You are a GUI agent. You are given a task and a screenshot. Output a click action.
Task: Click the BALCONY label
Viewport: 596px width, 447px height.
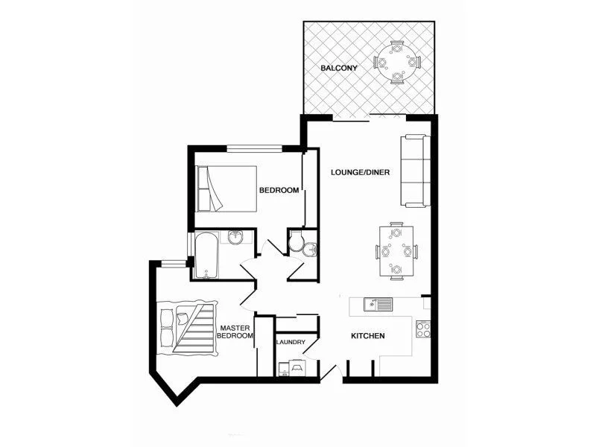(339, 68)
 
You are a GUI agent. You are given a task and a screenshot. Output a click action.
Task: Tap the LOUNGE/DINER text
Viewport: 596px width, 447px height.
(360, 172)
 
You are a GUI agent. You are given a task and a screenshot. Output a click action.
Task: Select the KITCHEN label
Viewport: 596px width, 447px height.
(368, 336)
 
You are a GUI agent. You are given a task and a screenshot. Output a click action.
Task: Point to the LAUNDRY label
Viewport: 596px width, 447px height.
(291, 342)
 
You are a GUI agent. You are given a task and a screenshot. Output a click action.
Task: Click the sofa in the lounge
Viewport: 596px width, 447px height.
(415, 171)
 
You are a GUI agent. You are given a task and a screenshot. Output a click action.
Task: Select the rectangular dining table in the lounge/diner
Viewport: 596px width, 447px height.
(395, 250)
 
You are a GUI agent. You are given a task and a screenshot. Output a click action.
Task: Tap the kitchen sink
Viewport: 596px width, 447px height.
(370, 303)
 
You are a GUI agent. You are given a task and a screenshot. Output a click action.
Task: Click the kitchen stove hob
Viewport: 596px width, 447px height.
(423, 328)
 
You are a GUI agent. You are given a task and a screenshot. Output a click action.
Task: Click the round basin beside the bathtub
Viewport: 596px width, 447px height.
(236, 238)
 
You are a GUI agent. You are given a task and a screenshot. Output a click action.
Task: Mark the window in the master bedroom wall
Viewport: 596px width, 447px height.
(174, 263)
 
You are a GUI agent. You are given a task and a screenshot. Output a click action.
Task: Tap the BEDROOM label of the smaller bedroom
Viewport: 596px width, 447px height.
(279, 190)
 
